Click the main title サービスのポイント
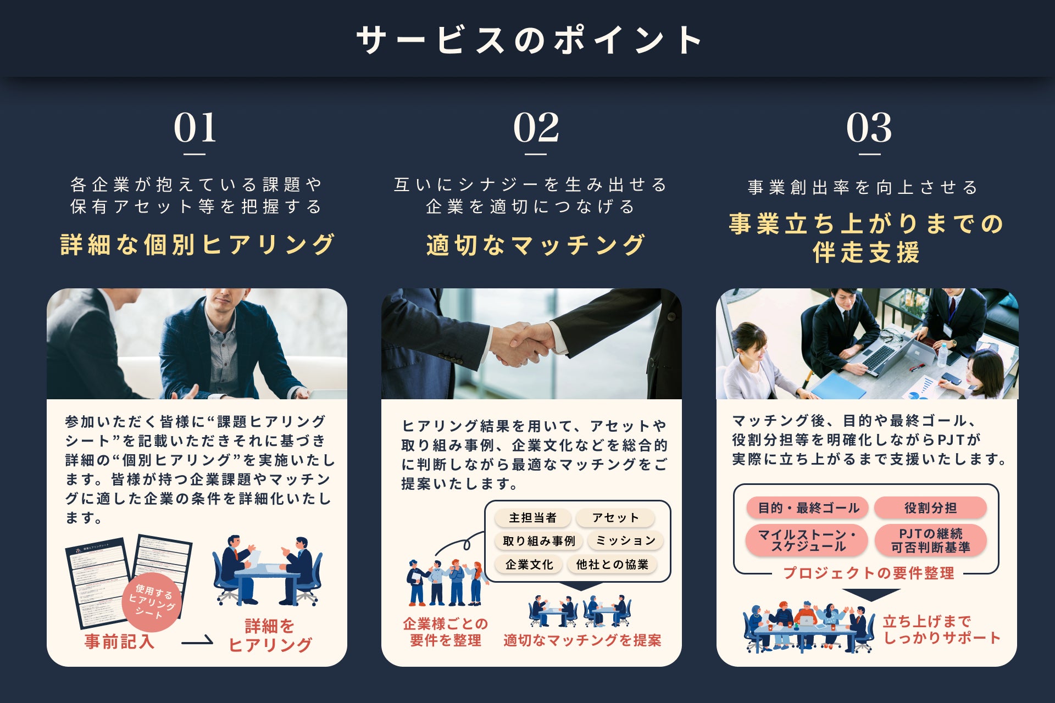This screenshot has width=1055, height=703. click(x=529, y=40)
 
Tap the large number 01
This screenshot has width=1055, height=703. click(x=195, y=127)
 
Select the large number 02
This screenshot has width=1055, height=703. click(x=536, y=127)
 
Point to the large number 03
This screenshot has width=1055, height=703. click(x=869, y=127)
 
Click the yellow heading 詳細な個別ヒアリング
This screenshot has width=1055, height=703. click(x=197, y=244)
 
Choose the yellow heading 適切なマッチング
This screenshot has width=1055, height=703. click(x=536, y=245)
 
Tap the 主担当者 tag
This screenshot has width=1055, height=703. click(x=532, y=518)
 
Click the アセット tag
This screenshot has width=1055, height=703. click(x=615, y=518)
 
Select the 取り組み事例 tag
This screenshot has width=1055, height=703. click(x=538, y=541)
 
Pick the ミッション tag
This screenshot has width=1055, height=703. click(x=625, y=541)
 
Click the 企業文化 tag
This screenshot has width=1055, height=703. click(x=529, y=565)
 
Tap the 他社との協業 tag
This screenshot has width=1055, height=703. click(x=612, y=565)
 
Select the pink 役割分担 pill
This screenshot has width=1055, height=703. click(x=930, y=508)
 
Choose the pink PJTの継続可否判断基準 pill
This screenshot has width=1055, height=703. click(x=930, y=540)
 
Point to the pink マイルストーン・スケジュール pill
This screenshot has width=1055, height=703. click(x=807, y=540)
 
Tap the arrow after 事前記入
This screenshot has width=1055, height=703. click(x=197, y=641)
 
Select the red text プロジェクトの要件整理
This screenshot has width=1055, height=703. click(x=868, y=573)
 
